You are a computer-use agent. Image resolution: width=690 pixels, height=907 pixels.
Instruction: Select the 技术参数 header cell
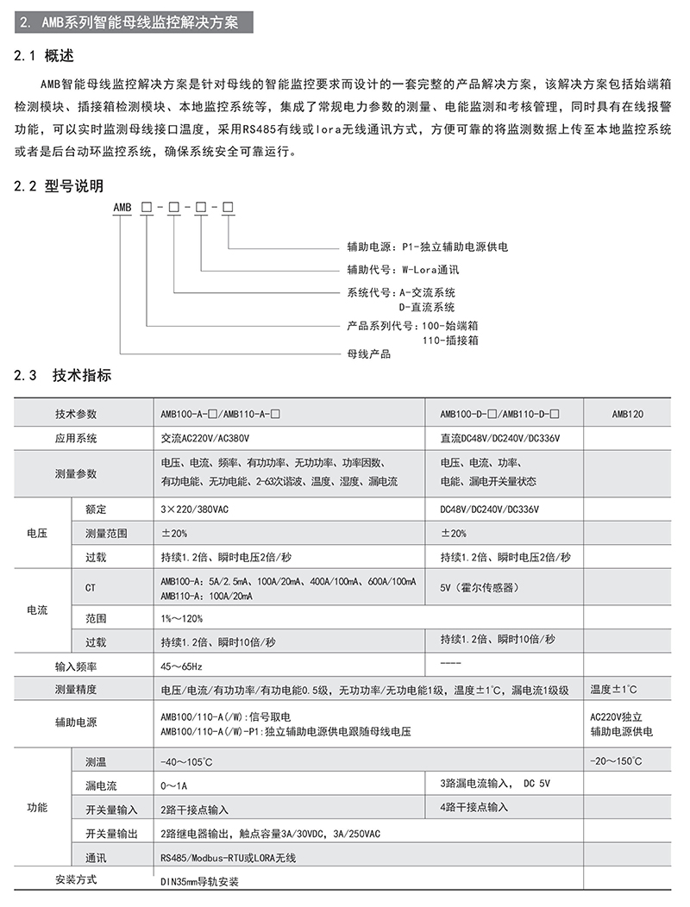(x=76, y=414)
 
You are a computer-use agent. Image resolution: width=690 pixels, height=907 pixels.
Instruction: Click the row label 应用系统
(x=76, y=438)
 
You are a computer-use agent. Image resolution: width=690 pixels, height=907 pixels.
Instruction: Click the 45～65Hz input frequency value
(x=181, y=666)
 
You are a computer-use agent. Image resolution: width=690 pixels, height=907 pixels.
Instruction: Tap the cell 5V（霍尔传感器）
(x=480, y=588)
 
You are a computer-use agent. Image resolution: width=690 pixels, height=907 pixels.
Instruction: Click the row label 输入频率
(x=76, y=666)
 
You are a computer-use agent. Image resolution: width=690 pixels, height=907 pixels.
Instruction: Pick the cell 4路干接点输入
(x=474, y=807)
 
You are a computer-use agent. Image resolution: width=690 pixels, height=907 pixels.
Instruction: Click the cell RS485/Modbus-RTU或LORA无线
(x=229, y=858)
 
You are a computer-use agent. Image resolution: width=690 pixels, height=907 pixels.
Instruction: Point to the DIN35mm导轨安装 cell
(x=199, y=882)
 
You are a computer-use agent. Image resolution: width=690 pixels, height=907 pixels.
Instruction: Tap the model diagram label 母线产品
(x=368, y=353)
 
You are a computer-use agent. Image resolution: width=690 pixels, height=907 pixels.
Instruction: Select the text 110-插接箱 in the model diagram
(x=450, y=340)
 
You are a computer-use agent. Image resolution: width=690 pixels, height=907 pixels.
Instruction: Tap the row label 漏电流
(x=100, y=785)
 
